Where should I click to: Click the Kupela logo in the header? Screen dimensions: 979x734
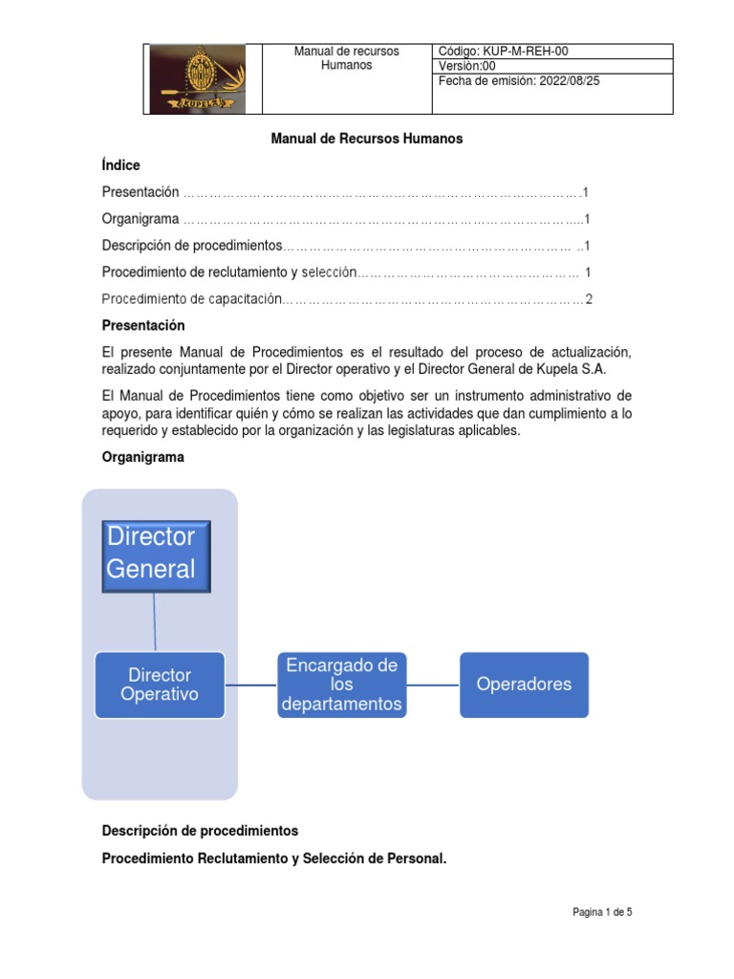[x=198, y=79]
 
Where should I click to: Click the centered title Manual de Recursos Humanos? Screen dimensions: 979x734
[x=367, y=139]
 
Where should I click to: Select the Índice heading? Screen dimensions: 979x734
[x=120, y=165]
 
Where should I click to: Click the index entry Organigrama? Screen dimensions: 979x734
[x=140, y=219]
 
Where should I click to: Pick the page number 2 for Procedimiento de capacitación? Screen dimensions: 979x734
[x=589, y=299]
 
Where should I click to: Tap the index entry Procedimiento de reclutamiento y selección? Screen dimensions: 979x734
[x=228, y=272]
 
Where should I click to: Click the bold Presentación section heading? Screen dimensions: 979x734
[x=143, y=326]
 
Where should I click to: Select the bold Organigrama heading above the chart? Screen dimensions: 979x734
[x=142, y=457]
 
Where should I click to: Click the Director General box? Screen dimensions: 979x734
[x=156, y=555]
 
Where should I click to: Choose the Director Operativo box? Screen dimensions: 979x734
[x=160, y=685]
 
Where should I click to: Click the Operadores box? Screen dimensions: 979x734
[x=524, y=685]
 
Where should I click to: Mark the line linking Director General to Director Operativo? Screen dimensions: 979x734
[x=154, y=621]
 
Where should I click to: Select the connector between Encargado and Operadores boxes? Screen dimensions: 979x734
[x=433, y=685]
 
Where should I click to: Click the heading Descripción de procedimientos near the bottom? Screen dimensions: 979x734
[x=200, y=830]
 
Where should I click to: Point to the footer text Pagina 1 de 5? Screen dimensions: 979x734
[x=602, y=912]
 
